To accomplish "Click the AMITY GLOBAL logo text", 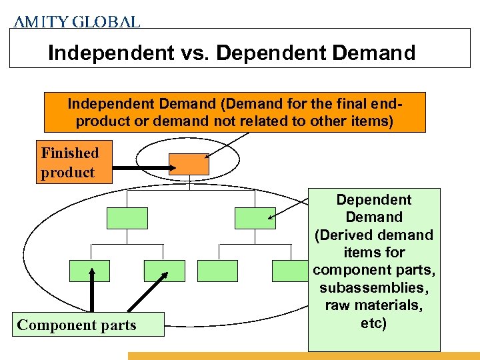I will [x=77, y=21].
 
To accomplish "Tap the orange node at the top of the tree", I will [x=189, y=164].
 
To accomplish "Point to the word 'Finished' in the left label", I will [x=69, y=153].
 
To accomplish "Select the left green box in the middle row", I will [x=127, y=218].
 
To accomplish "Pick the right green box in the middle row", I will [x=255, y=218].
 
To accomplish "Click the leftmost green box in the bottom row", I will [x=89, y=271].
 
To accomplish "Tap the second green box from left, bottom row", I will [x=164, y=271].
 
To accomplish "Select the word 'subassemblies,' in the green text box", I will [x=374, y=287].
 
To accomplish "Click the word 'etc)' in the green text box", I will [x=374, y=323].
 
